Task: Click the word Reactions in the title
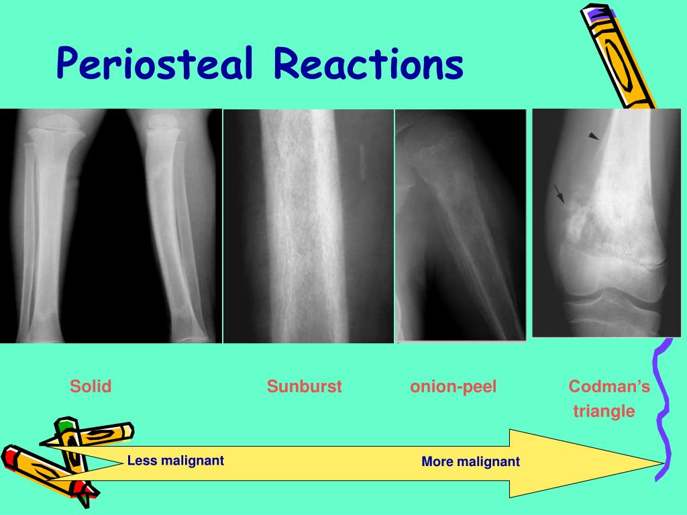pos(368,65)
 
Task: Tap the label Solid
pos(91,387)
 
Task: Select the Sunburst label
pos(304,387)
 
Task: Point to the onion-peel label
pos(454,387)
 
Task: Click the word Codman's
pos(609,387)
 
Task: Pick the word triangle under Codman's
pos(604,411)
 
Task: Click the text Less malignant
pos(175,461)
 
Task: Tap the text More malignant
pos(470,462)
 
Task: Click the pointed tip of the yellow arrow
pos(661,463)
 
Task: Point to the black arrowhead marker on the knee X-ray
pos(594,136)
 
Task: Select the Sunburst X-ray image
pos(308,226)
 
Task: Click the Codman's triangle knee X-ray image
pos(606,223)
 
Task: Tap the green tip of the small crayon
pos(65,426)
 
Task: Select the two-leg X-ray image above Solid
pos(111,226)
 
